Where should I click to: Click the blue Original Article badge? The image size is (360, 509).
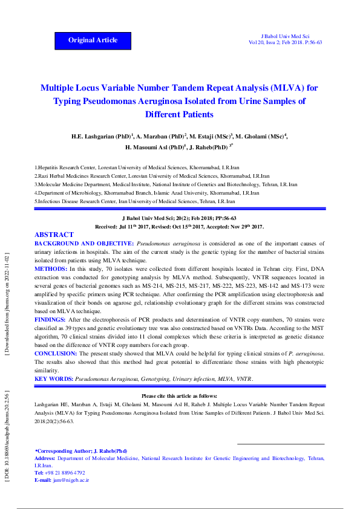point(93,40)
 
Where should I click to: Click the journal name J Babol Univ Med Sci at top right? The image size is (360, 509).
point(284,36)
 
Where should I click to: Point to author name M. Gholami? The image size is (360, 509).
point(260,137)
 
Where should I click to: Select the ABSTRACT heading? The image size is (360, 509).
point(54,235)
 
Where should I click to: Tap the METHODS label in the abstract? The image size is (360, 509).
point(51,268)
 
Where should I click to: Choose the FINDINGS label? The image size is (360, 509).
point(51,302)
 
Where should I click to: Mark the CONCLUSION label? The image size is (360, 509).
point(55,353)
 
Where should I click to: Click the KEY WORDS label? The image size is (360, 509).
point(53,378)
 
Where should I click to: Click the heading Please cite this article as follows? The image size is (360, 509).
point(180,395)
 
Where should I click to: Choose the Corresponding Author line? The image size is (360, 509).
point(82,451)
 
